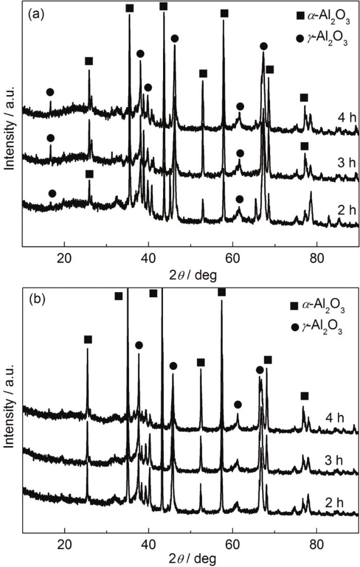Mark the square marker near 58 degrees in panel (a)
(x=224, y=13)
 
